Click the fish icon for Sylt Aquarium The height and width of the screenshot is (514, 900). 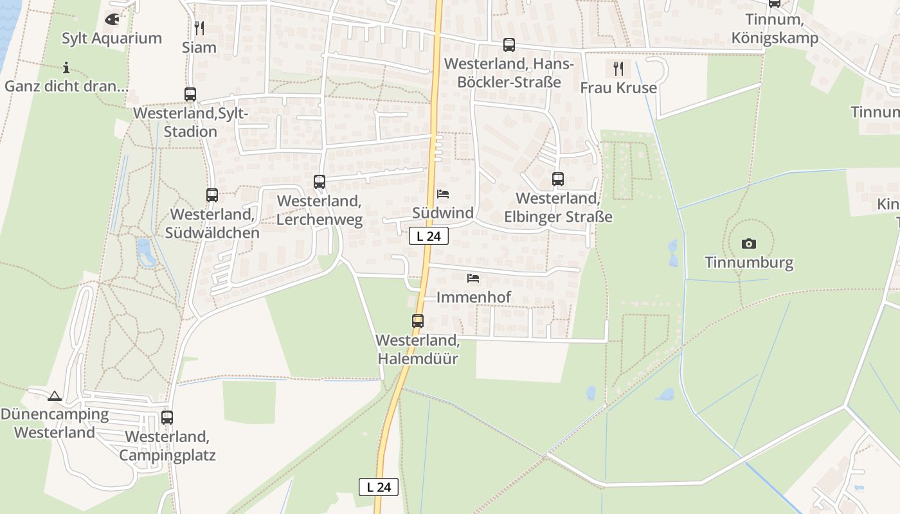112,19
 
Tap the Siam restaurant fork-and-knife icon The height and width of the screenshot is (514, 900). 199,28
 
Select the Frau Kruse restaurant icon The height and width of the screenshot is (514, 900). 618,69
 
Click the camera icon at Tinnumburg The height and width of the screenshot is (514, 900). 749,244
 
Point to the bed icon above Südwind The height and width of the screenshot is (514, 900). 443,194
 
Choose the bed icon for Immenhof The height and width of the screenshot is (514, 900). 474,278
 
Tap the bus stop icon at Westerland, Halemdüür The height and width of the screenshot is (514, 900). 418,321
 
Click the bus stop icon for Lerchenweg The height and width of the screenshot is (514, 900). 319,182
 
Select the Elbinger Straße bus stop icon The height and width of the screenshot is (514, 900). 558,179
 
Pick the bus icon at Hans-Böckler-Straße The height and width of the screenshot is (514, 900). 509,45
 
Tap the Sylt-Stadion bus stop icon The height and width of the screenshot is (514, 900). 190,94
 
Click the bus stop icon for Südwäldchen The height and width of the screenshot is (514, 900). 212,195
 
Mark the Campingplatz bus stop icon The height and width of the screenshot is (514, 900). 167,418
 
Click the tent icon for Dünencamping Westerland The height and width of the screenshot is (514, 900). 55,396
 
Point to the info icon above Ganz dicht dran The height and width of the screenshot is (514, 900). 66,67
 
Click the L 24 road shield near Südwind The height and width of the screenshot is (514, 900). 429,236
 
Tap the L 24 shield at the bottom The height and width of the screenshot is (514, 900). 379,487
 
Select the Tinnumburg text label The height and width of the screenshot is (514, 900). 749,263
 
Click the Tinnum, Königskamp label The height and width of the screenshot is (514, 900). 775,29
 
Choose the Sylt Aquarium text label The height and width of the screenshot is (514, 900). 112,38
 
